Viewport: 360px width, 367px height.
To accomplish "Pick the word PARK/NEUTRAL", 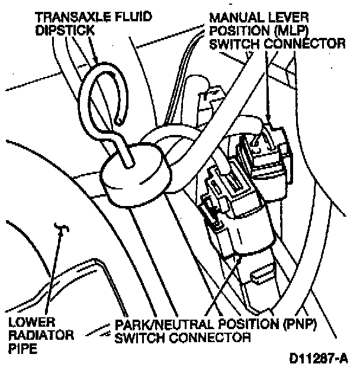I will tap(154, 324).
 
